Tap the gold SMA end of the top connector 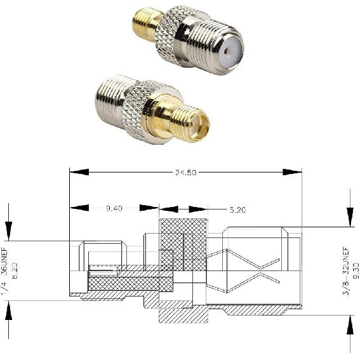pyautogui.click(x=143, y=21)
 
